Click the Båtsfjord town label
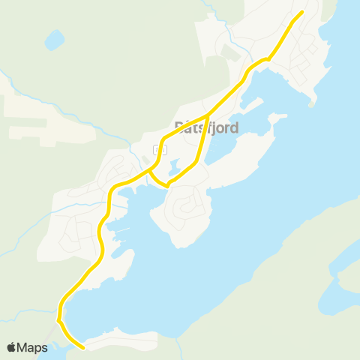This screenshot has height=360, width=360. click(x=206, y=127)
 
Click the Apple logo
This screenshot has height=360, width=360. click(x=12, y=347)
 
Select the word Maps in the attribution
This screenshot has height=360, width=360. click(x=33, y=347)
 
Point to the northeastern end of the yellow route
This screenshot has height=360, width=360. click(x=301, y=12)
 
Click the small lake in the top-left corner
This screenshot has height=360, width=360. click(x=54, y=39)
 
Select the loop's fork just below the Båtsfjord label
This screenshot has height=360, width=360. click(x=207, y=118)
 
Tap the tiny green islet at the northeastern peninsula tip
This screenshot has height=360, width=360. click(x=310, y=105)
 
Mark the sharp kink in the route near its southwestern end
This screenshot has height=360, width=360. click(x=58, y=320)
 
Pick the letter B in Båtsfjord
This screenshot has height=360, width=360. click(x=178, y=127)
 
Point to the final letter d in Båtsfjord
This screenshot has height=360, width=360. click(x=235, y=127)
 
